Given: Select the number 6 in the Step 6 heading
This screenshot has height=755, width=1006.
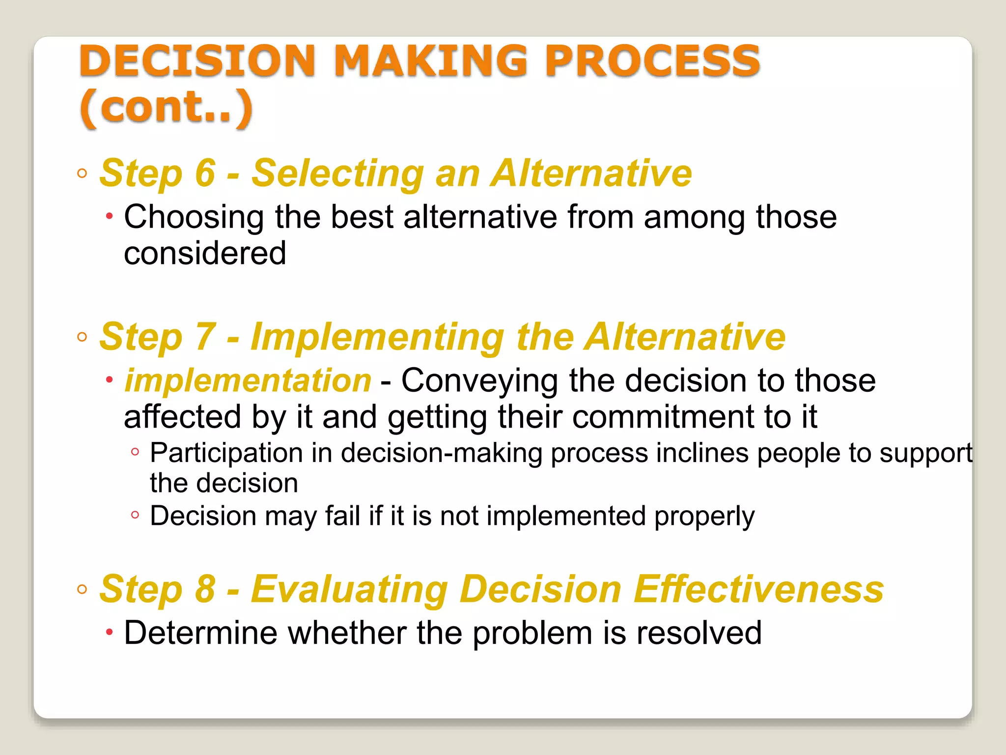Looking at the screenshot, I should click(205, 173).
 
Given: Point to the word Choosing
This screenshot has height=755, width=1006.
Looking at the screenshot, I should click(194, 217).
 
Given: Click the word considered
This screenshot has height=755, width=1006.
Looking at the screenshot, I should click(205, 254).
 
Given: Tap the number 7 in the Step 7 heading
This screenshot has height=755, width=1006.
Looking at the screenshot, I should click(205, 337).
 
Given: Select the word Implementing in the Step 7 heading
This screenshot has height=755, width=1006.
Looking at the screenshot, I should click(377, 338).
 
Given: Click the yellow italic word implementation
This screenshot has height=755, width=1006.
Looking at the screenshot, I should click(248, 381).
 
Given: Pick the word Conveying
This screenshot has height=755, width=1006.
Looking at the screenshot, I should click(479, 381).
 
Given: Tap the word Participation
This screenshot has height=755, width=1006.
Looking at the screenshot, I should click(226, 453).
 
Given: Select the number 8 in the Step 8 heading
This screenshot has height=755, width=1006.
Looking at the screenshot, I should click(205, 589).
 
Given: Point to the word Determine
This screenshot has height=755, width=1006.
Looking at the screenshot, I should click(200, 633).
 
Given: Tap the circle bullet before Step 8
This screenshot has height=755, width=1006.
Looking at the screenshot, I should click(82, 589).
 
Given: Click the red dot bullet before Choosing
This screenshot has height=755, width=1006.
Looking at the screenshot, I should click(110, 216).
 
